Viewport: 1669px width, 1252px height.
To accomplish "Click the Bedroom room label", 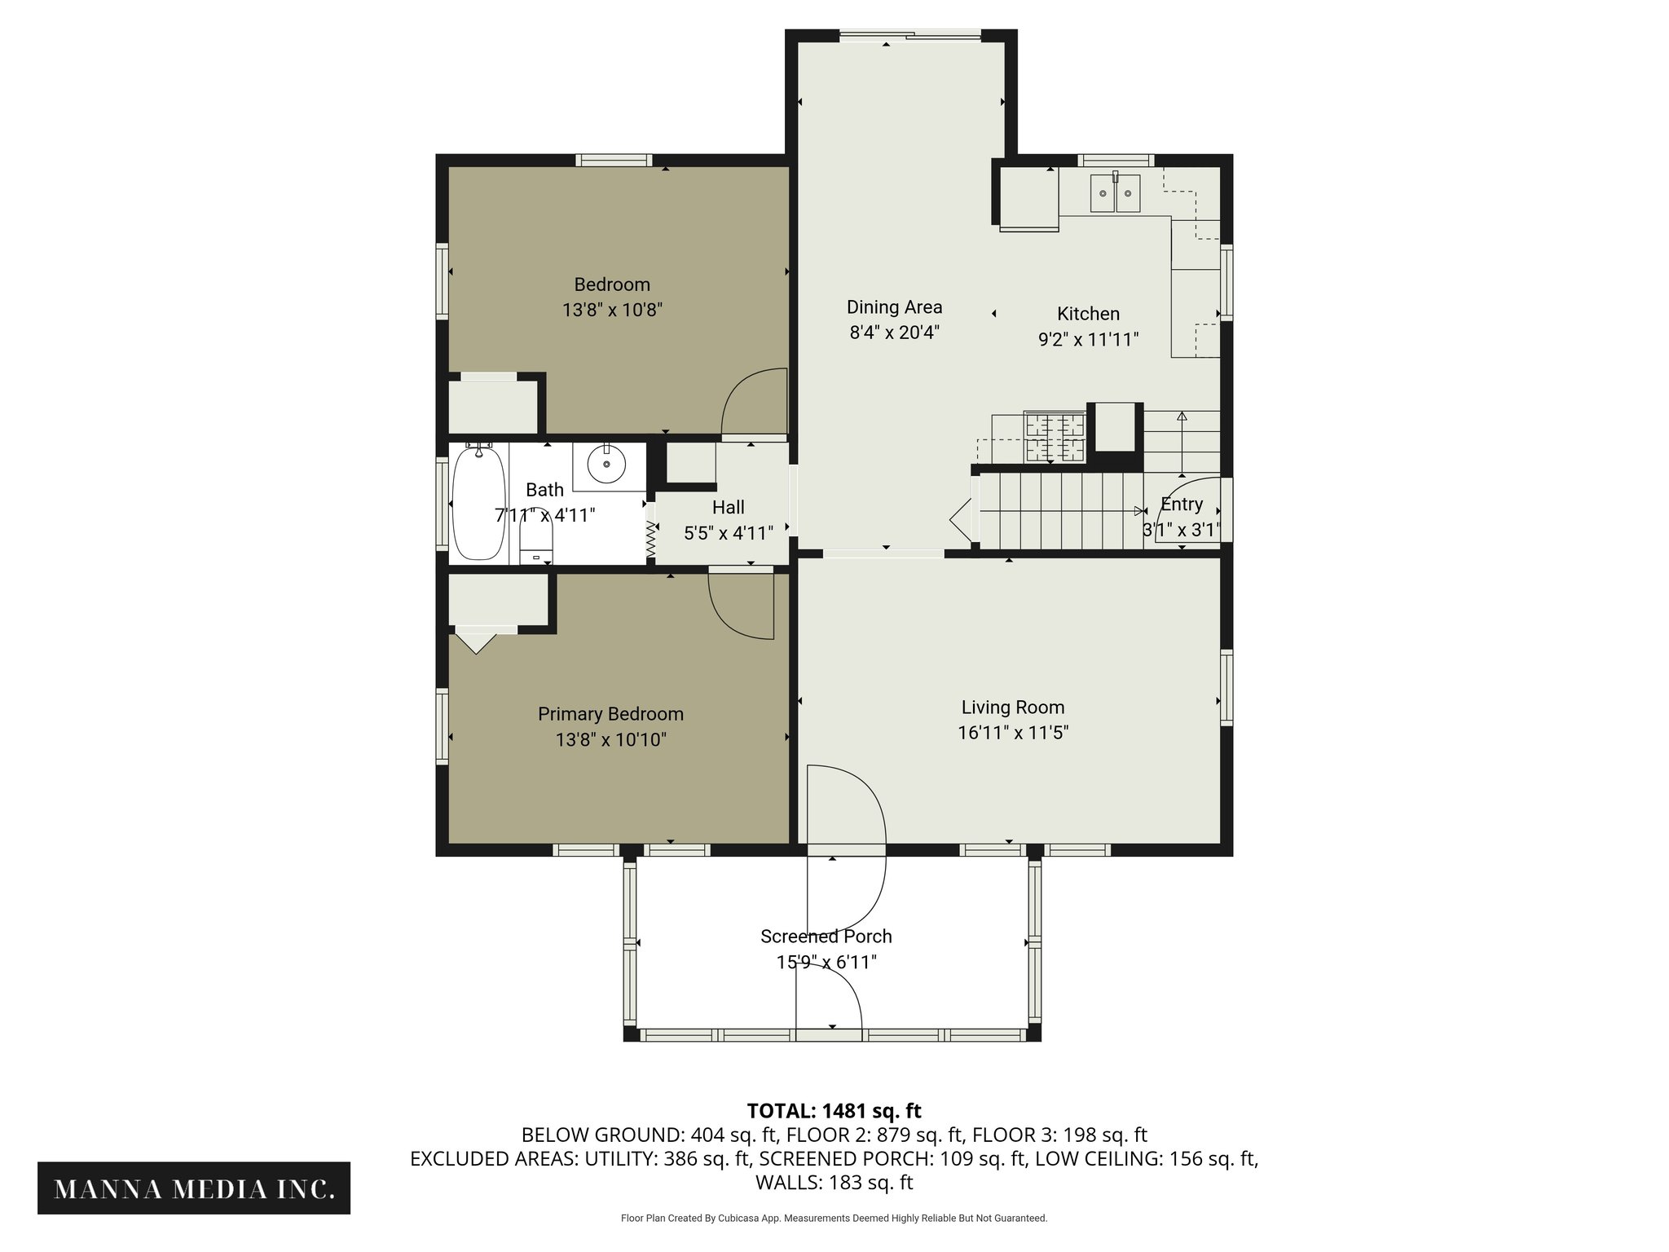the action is pos(612,284).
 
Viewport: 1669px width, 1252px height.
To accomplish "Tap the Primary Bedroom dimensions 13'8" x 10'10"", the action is pos(611,740).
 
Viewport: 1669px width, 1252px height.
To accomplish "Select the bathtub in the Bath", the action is pos(479,503).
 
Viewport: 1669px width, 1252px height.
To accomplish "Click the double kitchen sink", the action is pos(1116,193).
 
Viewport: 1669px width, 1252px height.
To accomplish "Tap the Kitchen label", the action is pos(1088,314).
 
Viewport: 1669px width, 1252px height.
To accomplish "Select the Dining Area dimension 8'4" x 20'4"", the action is pos(895,333).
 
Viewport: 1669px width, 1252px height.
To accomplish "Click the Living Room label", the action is pos(1013,708).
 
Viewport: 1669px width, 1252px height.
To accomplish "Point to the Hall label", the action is pos(729,507).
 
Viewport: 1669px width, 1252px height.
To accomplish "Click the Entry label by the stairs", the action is pos(1182,505).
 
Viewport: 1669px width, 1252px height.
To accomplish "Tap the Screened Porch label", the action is pos(826,937).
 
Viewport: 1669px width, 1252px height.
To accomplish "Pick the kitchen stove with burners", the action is pos(1055,439).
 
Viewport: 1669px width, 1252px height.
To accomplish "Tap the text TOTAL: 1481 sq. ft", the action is pos(834,1111).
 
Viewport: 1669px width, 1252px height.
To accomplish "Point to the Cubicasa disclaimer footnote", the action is pos(834,1219).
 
